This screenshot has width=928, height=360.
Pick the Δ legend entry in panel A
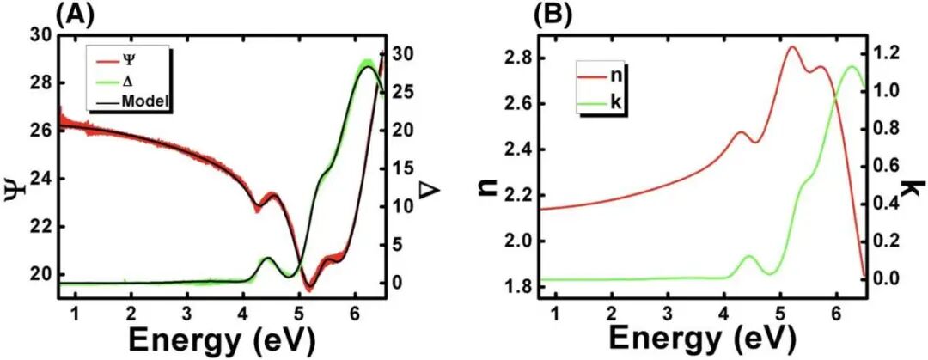(132, 82)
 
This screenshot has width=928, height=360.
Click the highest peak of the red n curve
(791, 47)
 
